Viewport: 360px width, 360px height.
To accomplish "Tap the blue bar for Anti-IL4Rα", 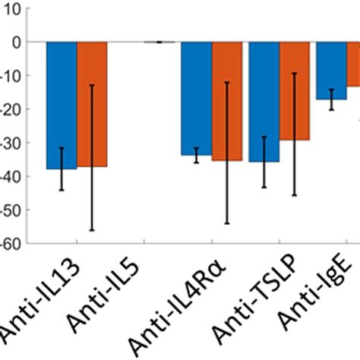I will pos(196,98).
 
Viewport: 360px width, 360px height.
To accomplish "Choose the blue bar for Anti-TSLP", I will pos(264,102).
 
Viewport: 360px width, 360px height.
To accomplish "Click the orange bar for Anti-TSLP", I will pos(294,90).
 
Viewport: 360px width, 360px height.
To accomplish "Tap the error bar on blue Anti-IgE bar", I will pos(331,99).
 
